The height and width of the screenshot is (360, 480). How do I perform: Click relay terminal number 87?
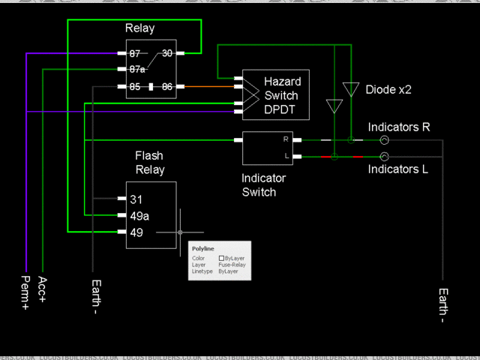[135, 54]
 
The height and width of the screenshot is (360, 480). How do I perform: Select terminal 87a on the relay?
[137, 69]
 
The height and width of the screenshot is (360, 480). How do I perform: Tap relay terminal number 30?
[167, 53]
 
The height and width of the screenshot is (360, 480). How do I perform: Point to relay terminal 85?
[135, 87]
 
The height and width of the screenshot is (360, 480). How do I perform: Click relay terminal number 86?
[166, 87]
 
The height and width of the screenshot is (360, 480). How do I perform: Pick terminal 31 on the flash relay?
[136, 199]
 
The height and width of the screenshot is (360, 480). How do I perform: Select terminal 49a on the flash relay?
[139, 216]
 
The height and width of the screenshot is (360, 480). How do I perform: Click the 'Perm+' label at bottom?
[25, 292]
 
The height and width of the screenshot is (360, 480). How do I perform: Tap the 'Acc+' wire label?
[43, 289]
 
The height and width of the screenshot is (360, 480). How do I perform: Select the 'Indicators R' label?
[398, 127]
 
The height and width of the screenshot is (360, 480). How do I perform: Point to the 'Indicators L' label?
[397, 169]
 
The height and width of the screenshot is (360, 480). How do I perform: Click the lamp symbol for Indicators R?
[383, 140]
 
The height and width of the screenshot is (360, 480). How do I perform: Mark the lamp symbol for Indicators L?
[383, 156]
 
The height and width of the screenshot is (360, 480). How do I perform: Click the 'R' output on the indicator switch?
[285, 139]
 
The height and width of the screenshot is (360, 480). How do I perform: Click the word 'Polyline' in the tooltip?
[202, 248]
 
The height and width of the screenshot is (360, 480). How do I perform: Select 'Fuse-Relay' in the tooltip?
[232, 265]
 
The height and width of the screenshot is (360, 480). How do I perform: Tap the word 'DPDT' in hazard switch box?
[280, 110]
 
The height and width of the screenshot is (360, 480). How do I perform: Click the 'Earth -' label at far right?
[442, 304]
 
